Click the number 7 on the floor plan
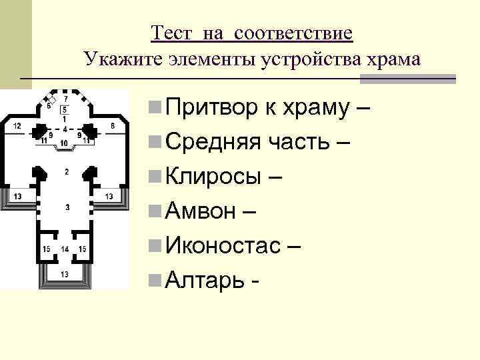pyautogui.click(x=65, y=99)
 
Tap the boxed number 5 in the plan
pyautogui.click(x=65, y=109)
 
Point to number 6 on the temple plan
pyautogui.click(x=47, y=105)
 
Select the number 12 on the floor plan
pyautogui.click(x=17, y=125)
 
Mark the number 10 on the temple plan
pyautogui.click(x=64, y=143)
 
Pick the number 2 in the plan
pyautogui.click(x=66, y=172)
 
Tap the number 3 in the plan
pyautogui.click(x=66, y=208)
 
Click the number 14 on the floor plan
pyautogui.click(x=64, y=249)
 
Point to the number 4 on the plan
pyautogui.click(x=65, y=127)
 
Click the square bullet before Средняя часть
pyautogui.click(x=154, y=142)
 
